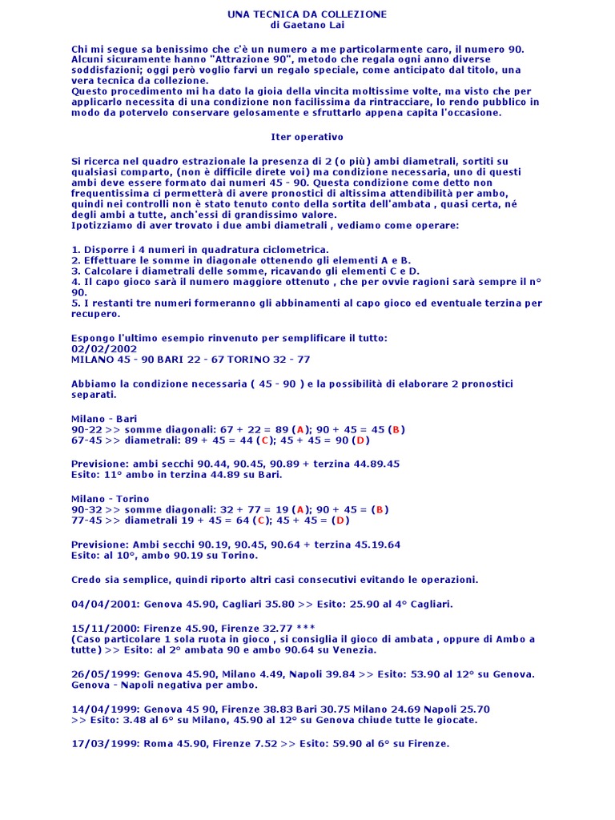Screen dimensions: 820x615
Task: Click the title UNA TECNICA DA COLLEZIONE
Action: [x=307, y=14]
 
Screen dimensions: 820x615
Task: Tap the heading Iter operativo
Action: [x=307, y=137]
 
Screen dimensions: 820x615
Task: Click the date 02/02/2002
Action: [x=104, y=348]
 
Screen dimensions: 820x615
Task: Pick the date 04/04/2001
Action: [x=104, y=604]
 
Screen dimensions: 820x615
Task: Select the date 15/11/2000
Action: [x=104, y=629]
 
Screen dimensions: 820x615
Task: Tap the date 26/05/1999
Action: [x=104, y=673]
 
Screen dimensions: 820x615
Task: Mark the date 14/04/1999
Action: [x=104, y=709]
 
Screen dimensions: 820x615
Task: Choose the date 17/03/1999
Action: [x=104, y=743]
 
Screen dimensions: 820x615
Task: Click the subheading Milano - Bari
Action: [x=104, y=419]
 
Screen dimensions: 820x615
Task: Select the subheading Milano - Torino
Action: [x=110, y=499]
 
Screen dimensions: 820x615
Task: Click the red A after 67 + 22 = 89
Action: [x=300, y=429]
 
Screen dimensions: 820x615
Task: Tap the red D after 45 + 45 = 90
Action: [x=360, y=440]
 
